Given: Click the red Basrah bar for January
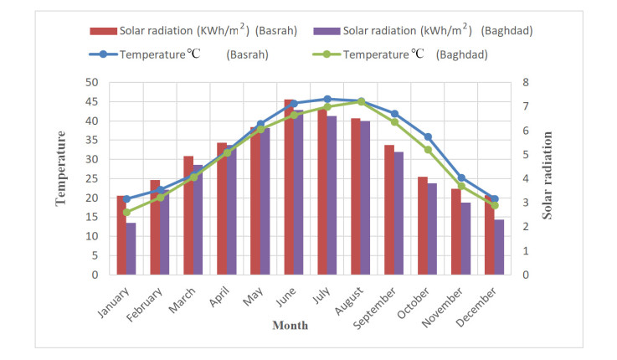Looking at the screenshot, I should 121,235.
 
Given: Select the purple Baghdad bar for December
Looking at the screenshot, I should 499,247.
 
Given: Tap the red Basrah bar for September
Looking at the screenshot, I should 389,210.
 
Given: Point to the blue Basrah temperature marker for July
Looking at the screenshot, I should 327,99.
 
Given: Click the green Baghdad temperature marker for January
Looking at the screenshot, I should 126,213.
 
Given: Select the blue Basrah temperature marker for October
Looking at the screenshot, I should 428,136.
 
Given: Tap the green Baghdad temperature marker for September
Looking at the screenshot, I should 394,121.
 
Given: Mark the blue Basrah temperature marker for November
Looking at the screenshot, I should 461,177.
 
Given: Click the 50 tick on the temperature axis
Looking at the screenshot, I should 92,83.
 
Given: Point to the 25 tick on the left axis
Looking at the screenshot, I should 92,178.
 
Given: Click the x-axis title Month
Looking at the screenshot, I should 289,326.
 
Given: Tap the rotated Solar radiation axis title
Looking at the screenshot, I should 548,179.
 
